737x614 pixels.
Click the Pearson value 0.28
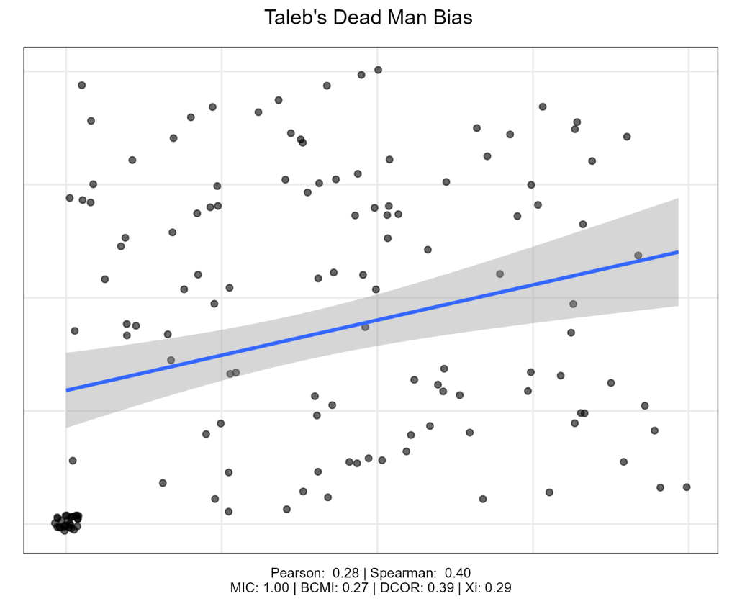click(346, 573)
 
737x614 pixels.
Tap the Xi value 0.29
click(499, 587)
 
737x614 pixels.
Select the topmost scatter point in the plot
click(378, 70)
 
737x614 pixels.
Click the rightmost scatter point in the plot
click(687, 487)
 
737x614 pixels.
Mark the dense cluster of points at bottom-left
click(66, 522)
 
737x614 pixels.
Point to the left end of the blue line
click(67, 390)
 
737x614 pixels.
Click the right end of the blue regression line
click(678, 252)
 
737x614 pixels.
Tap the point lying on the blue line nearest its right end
click(638, 256)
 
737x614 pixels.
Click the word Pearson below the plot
click(297, 573)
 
